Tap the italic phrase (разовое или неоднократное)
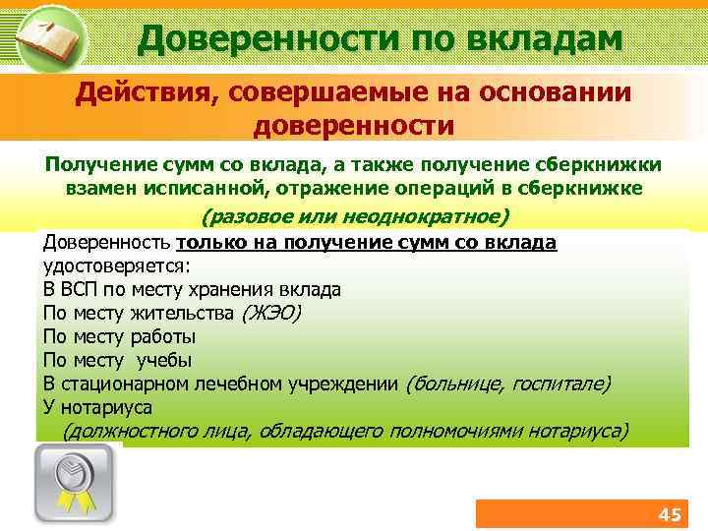[356, 216]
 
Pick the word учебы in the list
[164, 360]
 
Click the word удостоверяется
[113, 266]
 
